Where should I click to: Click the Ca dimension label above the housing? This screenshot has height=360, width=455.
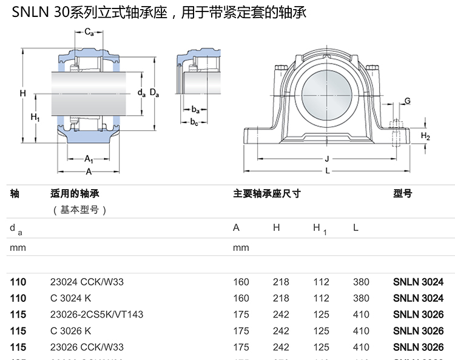88,32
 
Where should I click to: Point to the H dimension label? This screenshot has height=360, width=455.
22,93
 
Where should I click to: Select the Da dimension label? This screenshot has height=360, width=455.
155,93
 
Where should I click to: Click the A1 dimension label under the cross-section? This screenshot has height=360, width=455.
89,159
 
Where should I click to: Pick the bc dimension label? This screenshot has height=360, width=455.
194,122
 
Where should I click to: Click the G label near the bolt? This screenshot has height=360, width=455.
407,101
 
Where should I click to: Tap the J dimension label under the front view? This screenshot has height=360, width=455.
326,159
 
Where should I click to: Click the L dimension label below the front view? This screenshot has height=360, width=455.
327,171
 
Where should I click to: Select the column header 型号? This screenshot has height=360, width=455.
402,194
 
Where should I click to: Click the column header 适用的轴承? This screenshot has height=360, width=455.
75,194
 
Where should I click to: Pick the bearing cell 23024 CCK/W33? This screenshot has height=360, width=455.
87,282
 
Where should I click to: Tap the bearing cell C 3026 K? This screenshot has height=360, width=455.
71,331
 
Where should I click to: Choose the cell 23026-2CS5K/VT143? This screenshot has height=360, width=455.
97,315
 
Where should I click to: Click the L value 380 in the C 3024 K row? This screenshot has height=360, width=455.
361,298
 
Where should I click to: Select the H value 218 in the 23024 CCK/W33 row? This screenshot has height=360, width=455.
281,282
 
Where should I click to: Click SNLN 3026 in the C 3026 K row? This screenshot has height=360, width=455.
418,331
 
